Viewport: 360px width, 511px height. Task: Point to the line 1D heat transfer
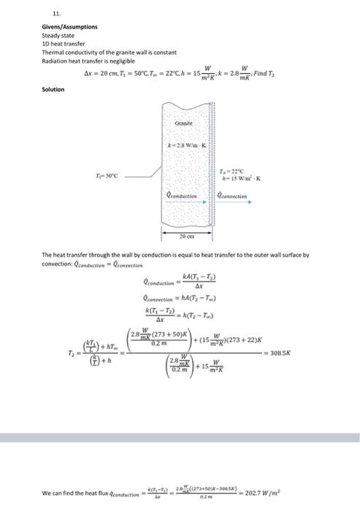58,43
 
